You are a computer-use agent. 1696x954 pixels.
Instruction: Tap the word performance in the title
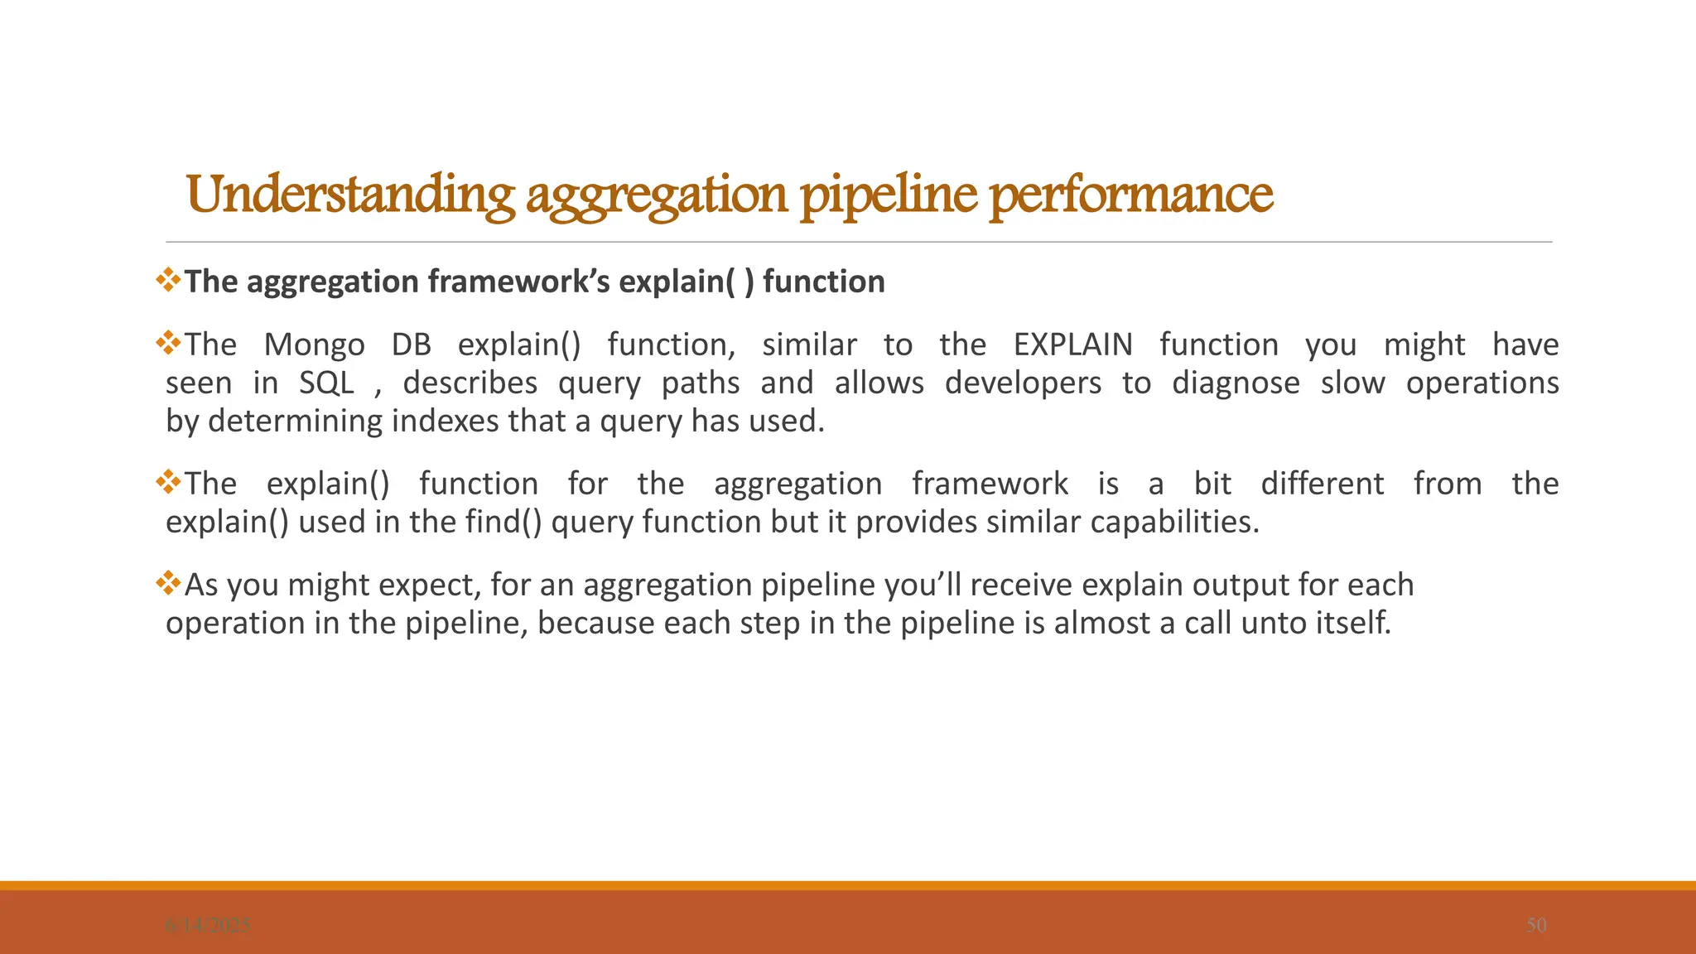[1131, 195]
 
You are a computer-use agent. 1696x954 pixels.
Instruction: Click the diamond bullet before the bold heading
[169, 280]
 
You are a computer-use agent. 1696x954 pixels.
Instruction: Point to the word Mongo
[314, 344]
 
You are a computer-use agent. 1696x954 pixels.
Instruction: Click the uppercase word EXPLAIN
[1072, 344]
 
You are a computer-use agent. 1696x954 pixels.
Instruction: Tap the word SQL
[326, 383]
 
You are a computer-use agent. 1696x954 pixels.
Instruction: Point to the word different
[1322, 484]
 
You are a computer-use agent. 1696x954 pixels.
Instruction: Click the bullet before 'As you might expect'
[169, 583]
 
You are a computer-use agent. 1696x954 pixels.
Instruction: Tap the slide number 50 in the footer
[1536, 925]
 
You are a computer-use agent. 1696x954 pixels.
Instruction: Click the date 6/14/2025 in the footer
[208, 925]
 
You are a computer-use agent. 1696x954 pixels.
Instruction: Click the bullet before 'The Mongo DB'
[169, 343]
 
